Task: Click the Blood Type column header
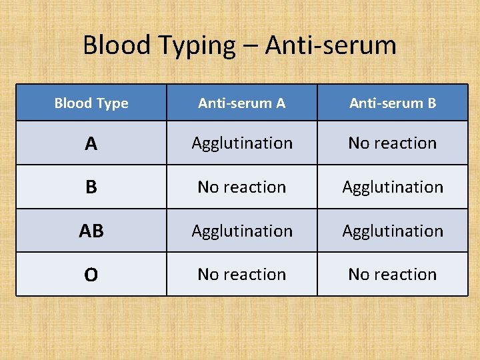[91, 103]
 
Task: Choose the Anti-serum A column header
[242, 103]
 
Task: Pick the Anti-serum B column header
[393, 103]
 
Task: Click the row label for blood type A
[91, 143]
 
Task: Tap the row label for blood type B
[91, 187]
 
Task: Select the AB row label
[91, 231]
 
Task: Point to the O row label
[91, 275]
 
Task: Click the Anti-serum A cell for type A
[242, 143]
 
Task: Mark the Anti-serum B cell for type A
[393, 143]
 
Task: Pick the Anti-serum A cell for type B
[242, 187]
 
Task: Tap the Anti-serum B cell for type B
[393, 187]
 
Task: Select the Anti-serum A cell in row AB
[242, 231]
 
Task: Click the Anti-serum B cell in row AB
[393, 231]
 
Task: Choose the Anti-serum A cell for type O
[242, 275]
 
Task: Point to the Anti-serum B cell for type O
[393, 275]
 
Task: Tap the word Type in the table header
[111, 104]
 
